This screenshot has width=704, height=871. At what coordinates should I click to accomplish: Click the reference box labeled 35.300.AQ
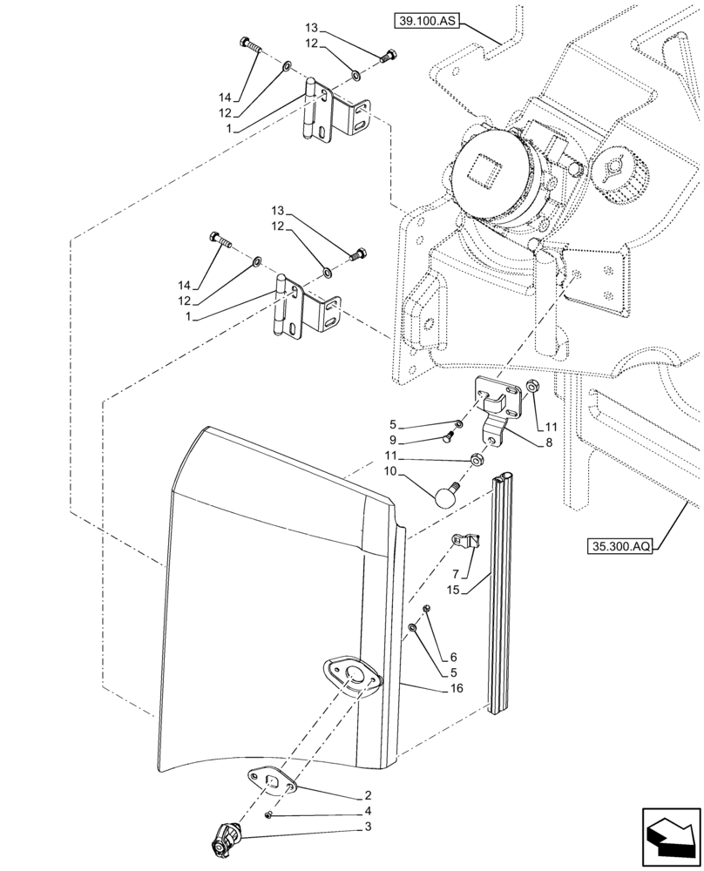coord(618,548)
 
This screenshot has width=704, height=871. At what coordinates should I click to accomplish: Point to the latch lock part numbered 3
coord(226,841)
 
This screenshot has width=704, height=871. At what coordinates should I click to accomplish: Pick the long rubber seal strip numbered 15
coord(504,592)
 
